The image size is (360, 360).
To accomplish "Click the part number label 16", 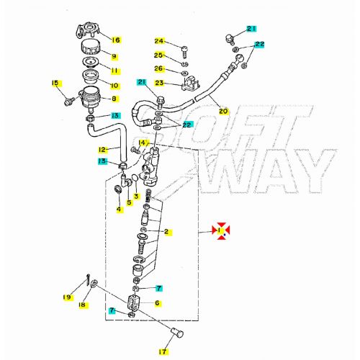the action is [x=116, y=40].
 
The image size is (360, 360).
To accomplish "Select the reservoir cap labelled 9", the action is [x=91, y=48].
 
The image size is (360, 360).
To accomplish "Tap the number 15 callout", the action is [x=55, y=84].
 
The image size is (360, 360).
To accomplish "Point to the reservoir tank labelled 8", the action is [x=89, y=99].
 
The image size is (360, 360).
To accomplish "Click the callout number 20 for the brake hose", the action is [x=223, y=111].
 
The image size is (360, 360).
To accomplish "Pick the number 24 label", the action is [x=159, y=41].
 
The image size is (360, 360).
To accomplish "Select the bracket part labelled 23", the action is [x=191, y=84].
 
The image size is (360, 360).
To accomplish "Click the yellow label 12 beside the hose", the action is [x=102, y=150].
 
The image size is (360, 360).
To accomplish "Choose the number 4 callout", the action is [x=119, y=210].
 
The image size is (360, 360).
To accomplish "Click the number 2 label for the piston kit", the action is [x=167, y=232].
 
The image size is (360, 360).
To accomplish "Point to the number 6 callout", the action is [x=158, y=303].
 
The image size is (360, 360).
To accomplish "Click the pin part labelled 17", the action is [x=177, y=333].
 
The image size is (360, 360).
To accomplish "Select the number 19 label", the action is [x=67, y=297].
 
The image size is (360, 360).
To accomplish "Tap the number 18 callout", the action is [x=82, y=305].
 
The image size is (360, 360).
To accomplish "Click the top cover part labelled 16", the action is [x=88, y=30].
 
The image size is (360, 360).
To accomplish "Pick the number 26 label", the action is [x=159, y=68].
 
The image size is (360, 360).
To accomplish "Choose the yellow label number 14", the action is [x=143, y=143].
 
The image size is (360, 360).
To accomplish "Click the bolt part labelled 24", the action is [x=184, y=52].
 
